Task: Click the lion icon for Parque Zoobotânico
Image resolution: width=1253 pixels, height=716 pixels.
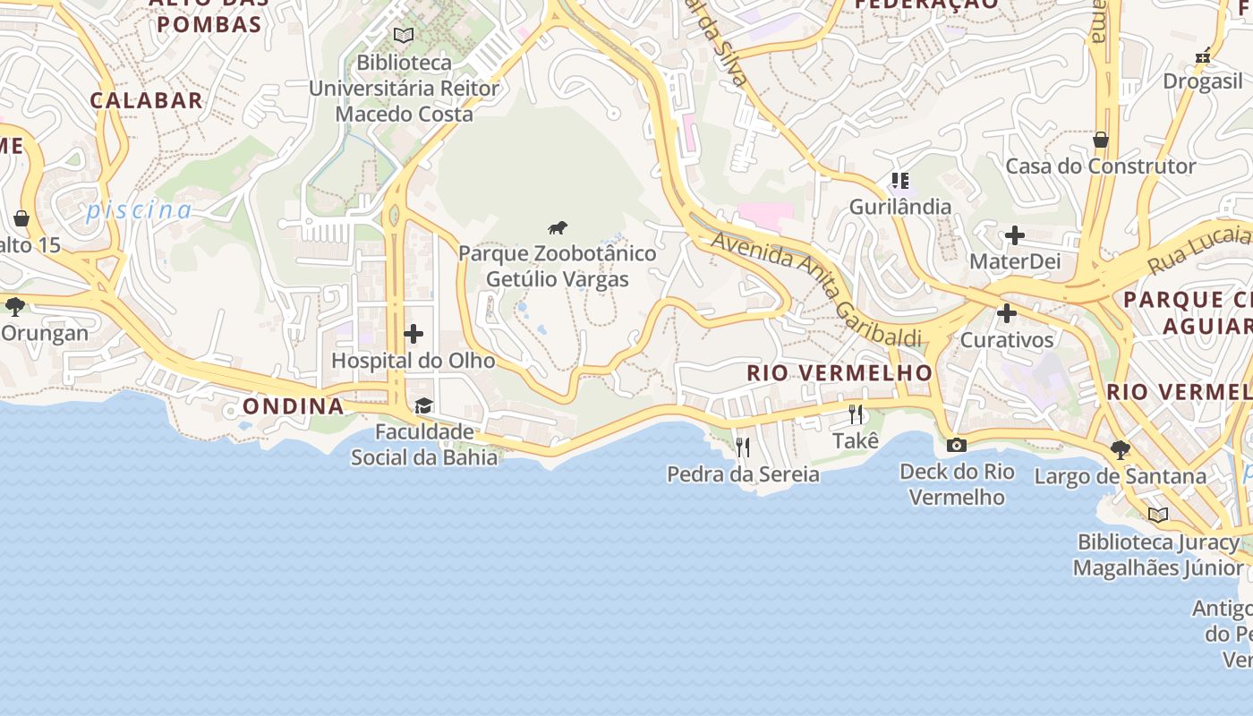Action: point(558,227)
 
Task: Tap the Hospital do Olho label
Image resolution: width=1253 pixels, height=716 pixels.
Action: point(413,361)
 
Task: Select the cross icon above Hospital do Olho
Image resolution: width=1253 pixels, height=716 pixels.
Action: point(413,334)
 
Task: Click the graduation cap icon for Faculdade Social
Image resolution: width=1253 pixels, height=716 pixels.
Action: point(423,406)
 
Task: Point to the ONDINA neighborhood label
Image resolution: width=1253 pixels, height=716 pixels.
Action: point(294,406)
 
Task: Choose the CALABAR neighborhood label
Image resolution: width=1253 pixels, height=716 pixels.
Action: point(146,100)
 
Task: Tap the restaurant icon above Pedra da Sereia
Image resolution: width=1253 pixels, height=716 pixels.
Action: point(742,447)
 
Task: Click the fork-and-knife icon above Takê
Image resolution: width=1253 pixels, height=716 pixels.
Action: point(856,414)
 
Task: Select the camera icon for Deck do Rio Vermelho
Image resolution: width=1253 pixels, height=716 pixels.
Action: point(956,445)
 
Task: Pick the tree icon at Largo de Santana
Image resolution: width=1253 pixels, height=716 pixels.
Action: point(1120,449)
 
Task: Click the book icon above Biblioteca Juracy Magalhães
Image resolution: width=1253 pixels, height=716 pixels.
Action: point(1158,515)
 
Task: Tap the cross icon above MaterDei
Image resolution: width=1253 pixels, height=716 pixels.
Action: point(1014,235)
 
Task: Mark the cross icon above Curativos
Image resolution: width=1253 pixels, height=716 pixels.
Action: point(1007,313)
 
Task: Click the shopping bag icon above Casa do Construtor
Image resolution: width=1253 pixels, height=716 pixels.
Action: point(1100,140)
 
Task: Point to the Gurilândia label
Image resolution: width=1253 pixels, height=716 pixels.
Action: point(899,207)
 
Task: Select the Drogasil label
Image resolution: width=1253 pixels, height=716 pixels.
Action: point(1203,81)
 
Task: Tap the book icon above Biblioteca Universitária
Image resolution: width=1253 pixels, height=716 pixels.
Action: point(404,35)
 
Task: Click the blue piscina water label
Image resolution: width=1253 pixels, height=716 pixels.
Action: point(139,210)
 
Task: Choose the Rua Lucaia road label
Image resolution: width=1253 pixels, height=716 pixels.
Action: point(1199,249)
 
